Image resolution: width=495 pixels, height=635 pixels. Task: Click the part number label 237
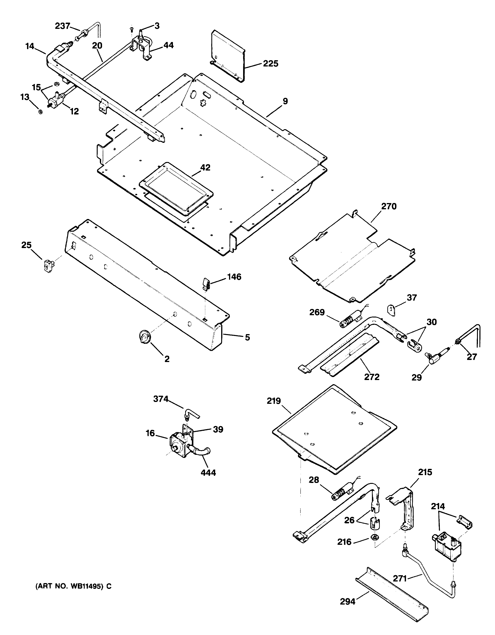pyautogui.click(x=62, y=26)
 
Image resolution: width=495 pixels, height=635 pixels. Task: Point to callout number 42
pyautogui.click(x=205, y=168)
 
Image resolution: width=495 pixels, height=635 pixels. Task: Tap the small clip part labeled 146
pyautogui.click(x=207, y=284)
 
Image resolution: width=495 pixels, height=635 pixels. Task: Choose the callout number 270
pyautogui.click(x=389, y=207)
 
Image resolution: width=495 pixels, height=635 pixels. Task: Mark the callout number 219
pyautogui.click(x=274, y=401)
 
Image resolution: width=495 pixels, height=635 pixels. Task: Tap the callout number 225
pyautogui.click(x=271, y=63)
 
